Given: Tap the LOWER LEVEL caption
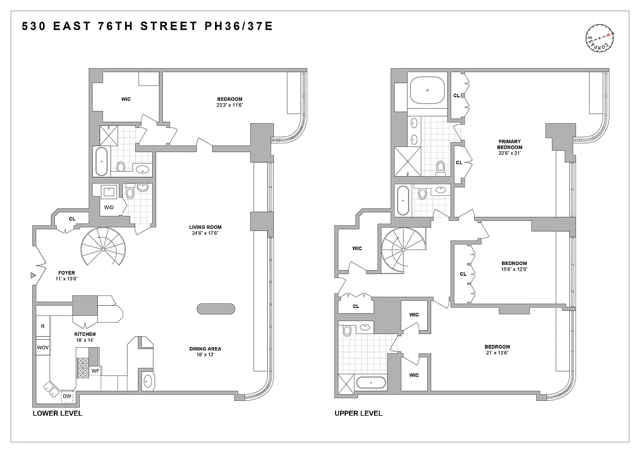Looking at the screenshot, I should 57,413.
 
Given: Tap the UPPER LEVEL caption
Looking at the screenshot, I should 358,413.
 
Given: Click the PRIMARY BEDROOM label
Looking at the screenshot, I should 509,144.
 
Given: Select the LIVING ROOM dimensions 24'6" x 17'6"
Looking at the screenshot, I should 205,233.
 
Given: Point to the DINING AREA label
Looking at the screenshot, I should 205,349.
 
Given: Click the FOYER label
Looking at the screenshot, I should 66,273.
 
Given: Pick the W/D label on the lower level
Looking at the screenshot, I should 109,207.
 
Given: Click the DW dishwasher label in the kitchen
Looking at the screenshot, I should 67,396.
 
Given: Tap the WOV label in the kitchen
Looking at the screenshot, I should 43,347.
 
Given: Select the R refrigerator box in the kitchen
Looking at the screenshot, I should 43,326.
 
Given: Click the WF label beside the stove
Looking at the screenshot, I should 96,371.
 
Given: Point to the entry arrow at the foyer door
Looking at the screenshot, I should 33,275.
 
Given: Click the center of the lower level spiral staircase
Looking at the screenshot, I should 103,250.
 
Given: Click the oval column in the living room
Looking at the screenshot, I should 216,309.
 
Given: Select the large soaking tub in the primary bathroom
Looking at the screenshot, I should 427,89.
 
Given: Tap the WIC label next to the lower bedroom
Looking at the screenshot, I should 126,99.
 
